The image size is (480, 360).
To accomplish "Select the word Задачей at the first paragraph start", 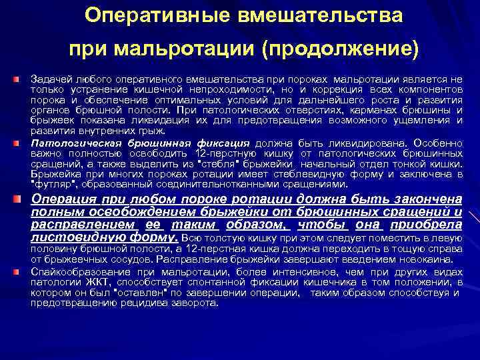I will pos(51,80).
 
